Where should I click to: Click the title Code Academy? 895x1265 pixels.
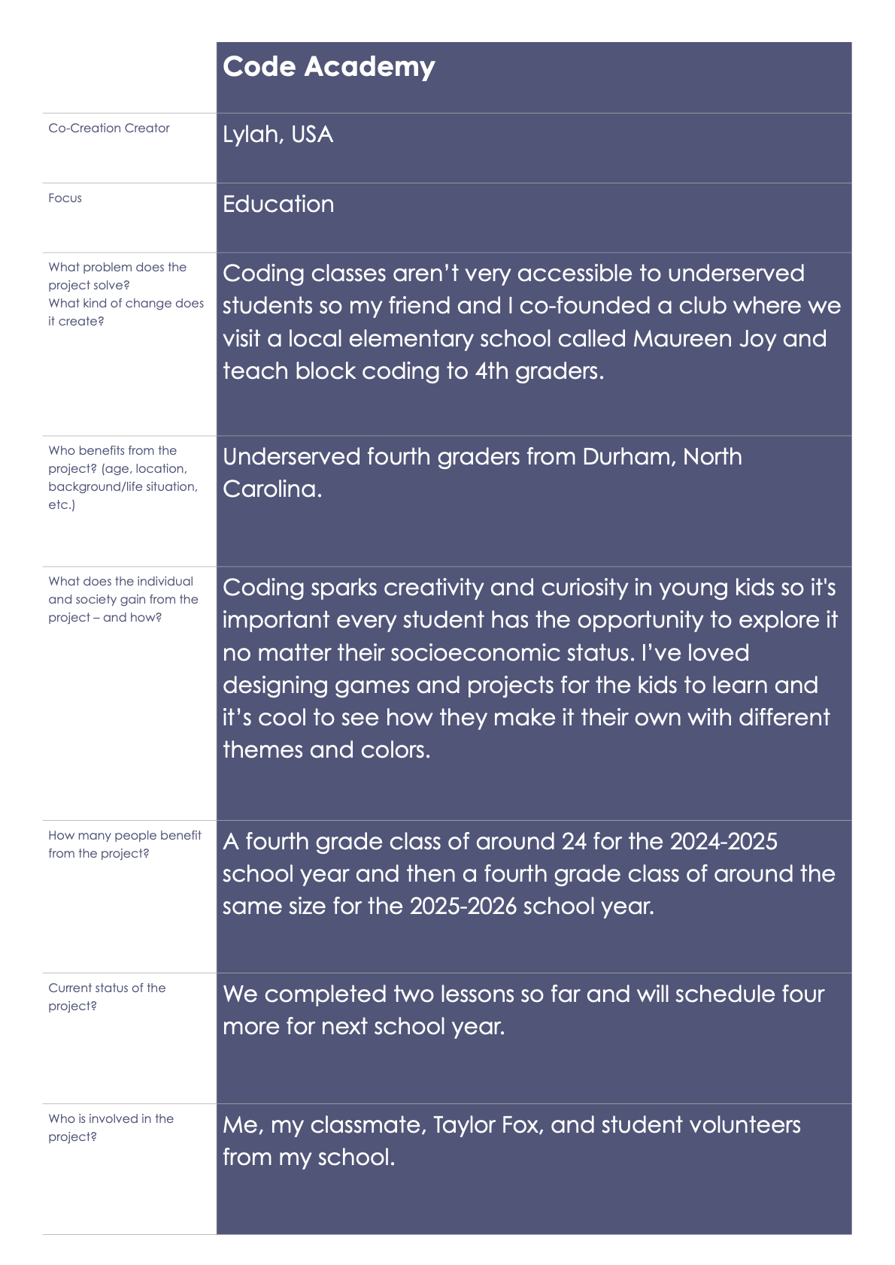click(x=329, y=67)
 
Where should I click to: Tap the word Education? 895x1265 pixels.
click(x=278, y=204)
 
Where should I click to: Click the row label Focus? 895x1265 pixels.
click(x=65, y=198)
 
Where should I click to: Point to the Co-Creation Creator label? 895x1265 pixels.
click(x=109, y=129)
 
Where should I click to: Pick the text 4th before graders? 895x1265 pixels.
click(x=491, y=371)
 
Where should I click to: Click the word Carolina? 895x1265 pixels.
click(x=272, y=489)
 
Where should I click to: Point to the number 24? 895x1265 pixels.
click(x=574, y=841)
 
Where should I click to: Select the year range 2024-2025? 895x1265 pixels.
click(x=724, y=841)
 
